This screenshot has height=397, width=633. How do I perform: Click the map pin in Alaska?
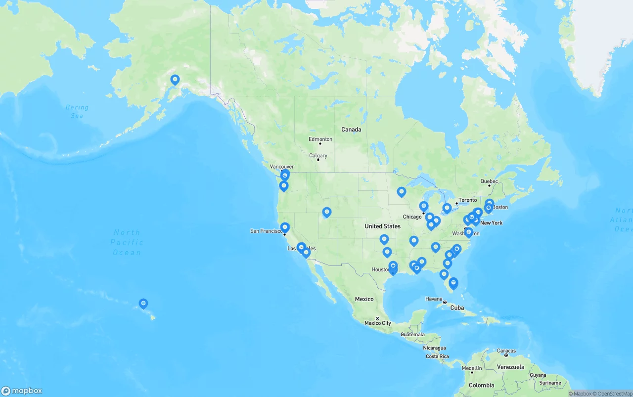tap(175, 80)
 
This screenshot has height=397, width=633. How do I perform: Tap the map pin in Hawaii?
tap(143, 303)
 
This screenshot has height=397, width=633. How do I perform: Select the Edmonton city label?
tap(320, 139)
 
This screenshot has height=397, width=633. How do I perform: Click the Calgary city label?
tap(318, 156)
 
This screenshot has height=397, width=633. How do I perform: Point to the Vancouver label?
tap(282, 167)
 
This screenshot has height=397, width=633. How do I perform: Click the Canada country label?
tap(351, 130)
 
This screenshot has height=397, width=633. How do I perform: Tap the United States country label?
tap(382, 226)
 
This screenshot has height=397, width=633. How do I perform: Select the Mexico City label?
tap(378, 323)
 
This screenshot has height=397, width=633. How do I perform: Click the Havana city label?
tap(434, 299)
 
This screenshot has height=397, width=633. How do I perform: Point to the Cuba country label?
tap(457, 308)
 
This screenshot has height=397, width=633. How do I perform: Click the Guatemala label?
tap(412, 335)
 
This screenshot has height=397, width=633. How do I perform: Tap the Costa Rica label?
tap(437, 356)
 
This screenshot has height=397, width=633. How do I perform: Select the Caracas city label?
tap(506, 351)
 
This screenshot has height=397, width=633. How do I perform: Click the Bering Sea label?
tap(77, 111)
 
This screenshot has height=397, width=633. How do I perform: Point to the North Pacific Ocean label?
tap(127, 242)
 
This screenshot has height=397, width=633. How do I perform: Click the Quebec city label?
tap(489, 181)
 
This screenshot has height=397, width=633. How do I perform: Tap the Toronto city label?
tap(467, 200)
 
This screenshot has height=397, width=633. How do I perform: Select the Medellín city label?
tap(472, 368)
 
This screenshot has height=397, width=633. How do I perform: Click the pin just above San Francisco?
tap(285, 227)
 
